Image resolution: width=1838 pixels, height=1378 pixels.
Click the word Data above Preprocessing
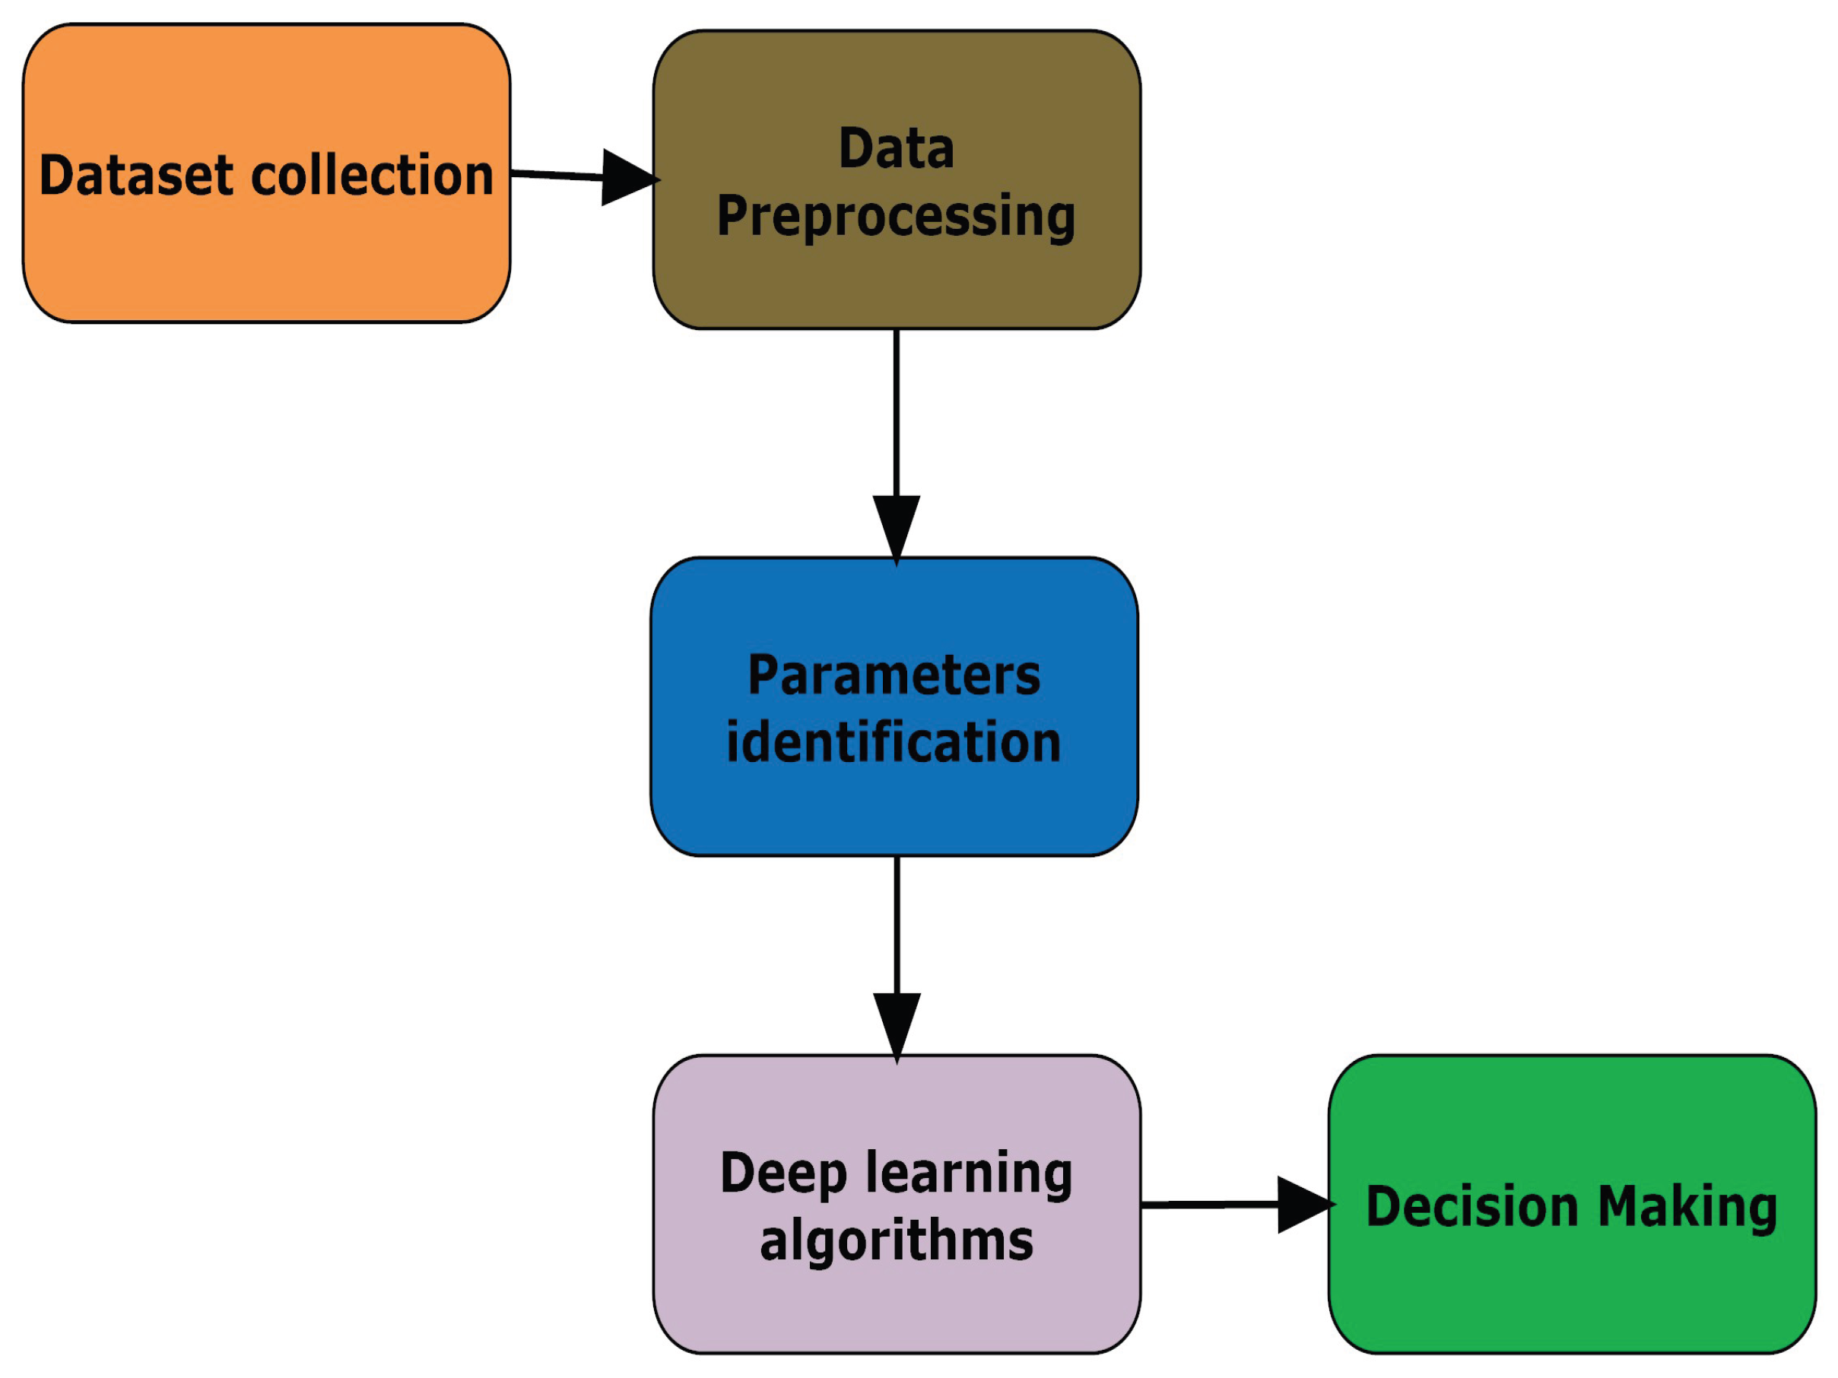(x=897, y=149)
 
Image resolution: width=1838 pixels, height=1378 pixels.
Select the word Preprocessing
(x=897, y=216)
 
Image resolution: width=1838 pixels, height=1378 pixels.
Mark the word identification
(x=894, y=741)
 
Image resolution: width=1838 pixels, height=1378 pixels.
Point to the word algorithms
(x=897, y=1240)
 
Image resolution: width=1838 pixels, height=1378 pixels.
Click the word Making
(x=1687, y=1206)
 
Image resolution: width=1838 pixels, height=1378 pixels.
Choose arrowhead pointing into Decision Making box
(x=1302, y=1205)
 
